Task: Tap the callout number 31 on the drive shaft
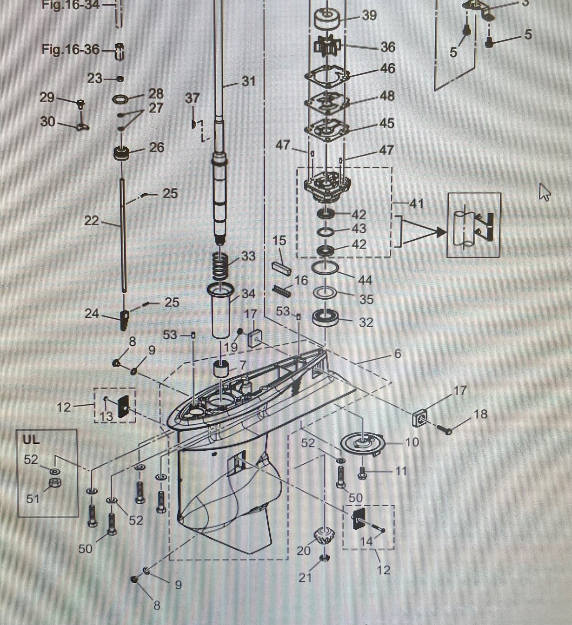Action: [249, 81]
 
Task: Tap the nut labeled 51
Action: [55, 483]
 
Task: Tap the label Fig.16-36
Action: [70, 49]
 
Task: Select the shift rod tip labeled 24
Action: [124, 320]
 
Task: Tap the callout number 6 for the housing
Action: [398, 354]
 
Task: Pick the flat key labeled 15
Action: [281, 269]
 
